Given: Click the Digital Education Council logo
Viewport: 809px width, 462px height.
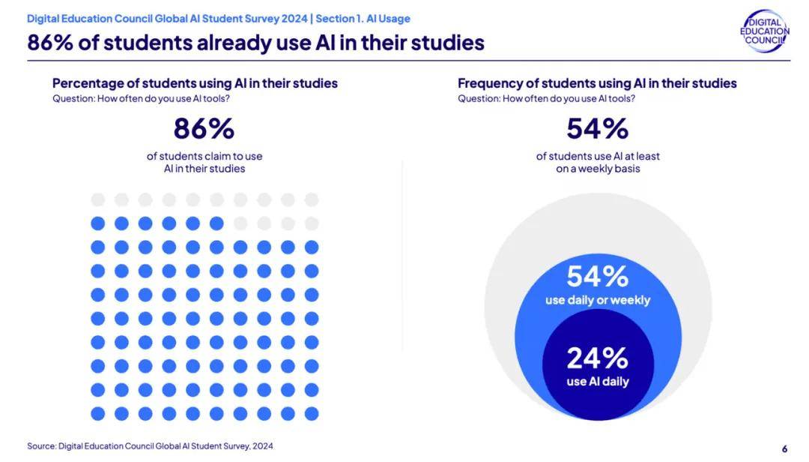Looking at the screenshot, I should pyautogui.click(x=764, y=31).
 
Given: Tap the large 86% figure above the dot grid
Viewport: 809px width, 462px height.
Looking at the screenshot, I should pyautogui.click(x=204, y=129).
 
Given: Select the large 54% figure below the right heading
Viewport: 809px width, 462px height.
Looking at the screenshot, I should pyautogui.click(x=597, y=129).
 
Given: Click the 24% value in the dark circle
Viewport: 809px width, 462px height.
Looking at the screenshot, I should pyautogui.click(x=597, y=358).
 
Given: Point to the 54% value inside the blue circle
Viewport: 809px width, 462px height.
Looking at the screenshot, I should pyautogui.click(x=597, y=277).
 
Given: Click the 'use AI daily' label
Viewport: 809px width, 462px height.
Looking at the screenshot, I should pyautogui.click(x=597, y=382).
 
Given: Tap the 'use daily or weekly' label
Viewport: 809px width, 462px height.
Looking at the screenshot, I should pyautogui.click(x=597, y=300).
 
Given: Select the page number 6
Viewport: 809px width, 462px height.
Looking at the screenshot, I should pyautogui.click(x=784, y=448).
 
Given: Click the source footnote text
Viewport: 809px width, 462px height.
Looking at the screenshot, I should pyautogui.click(x=150, y=446).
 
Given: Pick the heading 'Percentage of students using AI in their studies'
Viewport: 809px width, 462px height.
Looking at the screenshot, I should pyautogui.click(x=195, y=83).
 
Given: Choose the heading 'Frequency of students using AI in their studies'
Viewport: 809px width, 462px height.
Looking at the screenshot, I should pyautogui.click(x=597, y=83).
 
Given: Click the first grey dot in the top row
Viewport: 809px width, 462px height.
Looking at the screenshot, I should pyautogui.click(x=97, y=199).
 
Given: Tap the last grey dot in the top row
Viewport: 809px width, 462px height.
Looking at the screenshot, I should pyautogui.click(x=312, y=199).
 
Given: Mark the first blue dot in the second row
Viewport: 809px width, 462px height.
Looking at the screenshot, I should pyautogui.click(x=97, y=223).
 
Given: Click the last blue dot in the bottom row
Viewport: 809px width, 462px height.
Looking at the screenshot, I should pyautogui.click(x=312, y=413).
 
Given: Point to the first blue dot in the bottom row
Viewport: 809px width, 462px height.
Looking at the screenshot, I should pyautogui.click(x=97, y=413).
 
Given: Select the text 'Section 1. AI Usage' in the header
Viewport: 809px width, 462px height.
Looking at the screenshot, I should pyautogui.click(x=363, y=19).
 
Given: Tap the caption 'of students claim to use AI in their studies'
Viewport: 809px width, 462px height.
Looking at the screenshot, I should pyautogui.click(x=204, y=162).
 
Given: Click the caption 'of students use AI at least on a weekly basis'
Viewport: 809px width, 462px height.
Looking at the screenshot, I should pyautogui.click(x=597, y=162).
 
